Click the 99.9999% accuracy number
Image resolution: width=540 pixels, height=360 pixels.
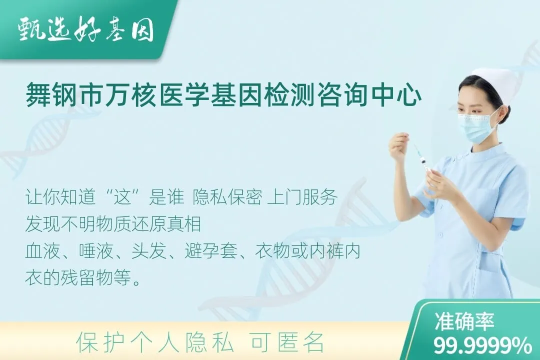[x=482, y=345]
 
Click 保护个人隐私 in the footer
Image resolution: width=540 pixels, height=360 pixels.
[x=155, y=342]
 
